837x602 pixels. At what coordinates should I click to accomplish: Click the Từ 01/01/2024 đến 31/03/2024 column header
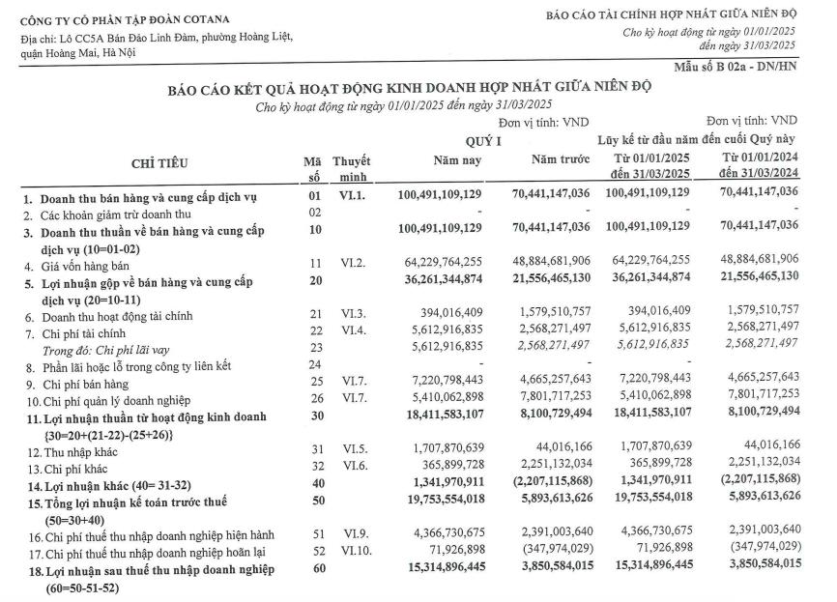pyautogui.click(x=760, y=163)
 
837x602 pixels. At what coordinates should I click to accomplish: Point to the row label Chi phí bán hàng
pyautogui.click(x=82, y=385)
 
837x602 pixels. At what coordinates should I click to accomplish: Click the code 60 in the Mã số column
pyautogui.click(x=313, y=570)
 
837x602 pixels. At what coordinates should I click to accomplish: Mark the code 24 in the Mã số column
pyautogui.click(x=313, y=366)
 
